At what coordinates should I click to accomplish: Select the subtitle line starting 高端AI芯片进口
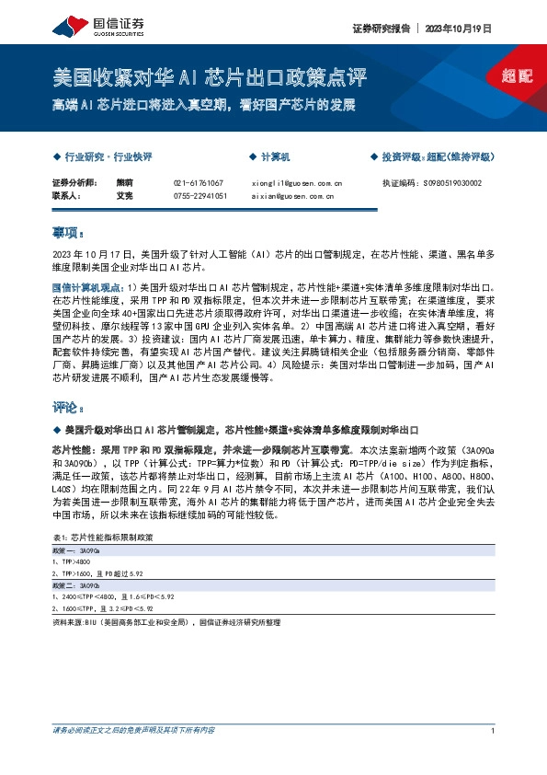tap(203, 103)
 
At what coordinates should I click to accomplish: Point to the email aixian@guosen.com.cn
tap(291, 195)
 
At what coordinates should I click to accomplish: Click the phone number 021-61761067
tap(198, 183)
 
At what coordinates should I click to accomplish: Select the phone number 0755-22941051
tap(200, 195)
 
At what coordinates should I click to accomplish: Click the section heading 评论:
tap(68, 406)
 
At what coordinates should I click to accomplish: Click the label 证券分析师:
tap(74, 183)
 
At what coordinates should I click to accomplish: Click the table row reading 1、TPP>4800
tap(72, 560)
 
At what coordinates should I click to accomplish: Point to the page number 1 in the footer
tap(494, 731)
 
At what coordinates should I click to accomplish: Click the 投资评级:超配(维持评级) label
tap(435, 157)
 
